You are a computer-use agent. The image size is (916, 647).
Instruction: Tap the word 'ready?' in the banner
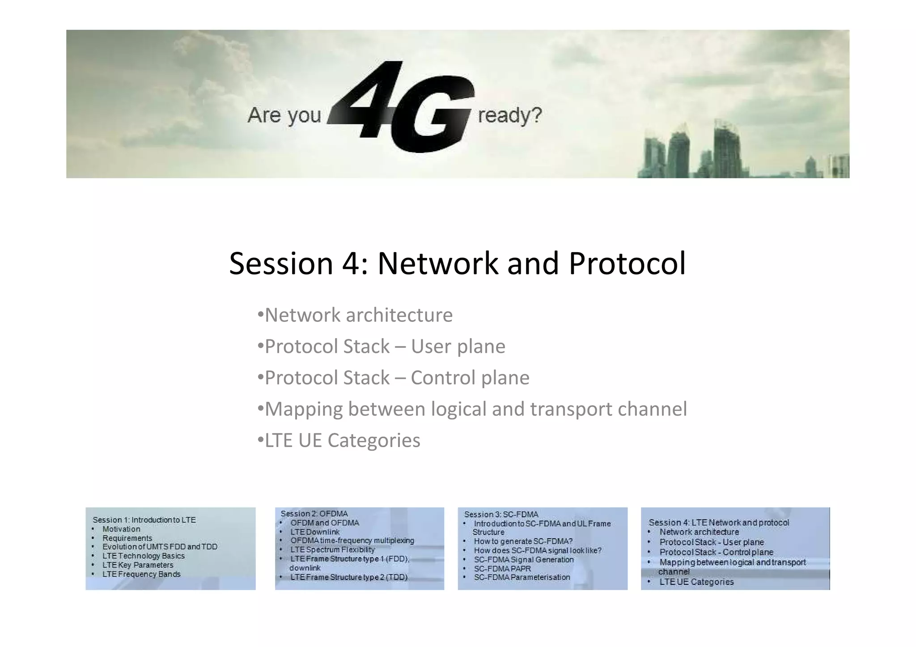[x=509, y=115]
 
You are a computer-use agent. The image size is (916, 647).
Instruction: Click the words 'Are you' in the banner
[x=284, y=115]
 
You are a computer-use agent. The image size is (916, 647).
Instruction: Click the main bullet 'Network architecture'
[x=358, y=315]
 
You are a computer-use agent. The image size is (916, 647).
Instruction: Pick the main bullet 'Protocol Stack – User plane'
[x=385, y=347]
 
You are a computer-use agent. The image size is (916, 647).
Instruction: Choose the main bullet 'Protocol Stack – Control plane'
[x=397, y=378]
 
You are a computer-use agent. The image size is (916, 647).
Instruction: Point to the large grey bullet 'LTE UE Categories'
[x=342, y=440]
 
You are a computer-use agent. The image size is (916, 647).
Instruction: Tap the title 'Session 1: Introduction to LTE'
[x=144, y=520]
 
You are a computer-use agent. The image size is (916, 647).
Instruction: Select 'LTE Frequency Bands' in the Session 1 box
[x=141, y=574]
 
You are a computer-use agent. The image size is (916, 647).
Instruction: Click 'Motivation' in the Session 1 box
[x=121, y=529]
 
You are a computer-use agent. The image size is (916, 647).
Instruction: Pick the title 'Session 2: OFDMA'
[x=314, y=514]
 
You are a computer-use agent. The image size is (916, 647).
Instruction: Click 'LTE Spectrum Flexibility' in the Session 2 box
[x=332, y=550]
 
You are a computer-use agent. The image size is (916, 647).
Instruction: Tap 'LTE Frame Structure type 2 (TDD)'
[x=349, y=577]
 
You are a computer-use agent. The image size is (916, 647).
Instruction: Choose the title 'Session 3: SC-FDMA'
[x=501, y=515]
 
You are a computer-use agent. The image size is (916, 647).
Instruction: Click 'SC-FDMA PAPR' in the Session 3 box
[x=502, y=569]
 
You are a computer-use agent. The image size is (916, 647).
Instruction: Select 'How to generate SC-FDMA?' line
[x=523, y=541]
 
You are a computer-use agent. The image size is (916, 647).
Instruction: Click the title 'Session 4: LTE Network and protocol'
[x=719, y=522]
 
